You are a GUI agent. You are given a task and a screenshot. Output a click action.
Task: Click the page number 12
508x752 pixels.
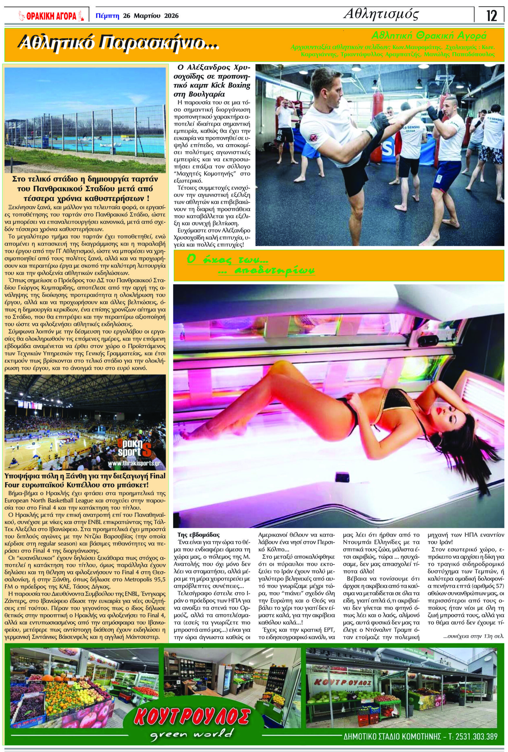(x=491, y=16)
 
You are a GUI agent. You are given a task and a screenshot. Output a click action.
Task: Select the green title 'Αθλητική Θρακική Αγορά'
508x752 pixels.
(x=429, y=36)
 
